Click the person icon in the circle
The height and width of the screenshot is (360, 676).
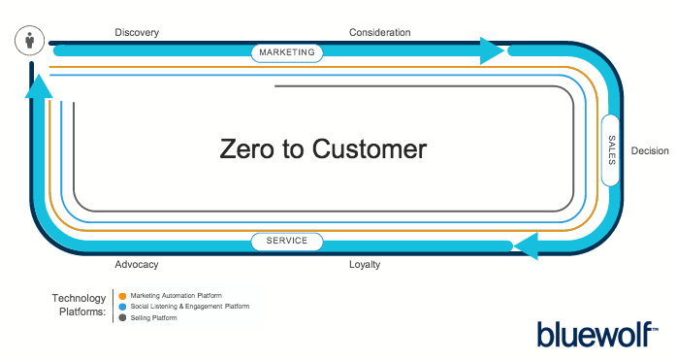(x=30, y=42)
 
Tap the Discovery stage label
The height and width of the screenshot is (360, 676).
(x=136, y=32)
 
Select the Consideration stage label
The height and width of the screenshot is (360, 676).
(x=379, y=32)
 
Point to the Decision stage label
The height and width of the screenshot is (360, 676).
(x=649, y=150)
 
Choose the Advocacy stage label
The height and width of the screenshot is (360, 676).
(x=136, y=264)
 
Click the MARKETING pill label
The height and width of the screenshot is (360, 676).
(x=287, y=52)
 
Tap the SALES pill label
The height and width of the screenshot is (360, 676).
(x=611, y=149)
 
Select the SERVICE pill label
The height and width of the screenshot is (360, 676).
(x=287, y=241)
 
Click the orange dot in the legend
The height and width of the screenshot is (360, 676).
(x=121, y=295)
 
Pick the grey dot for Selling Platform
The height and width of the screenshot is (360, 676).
(x=121, y=317)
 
